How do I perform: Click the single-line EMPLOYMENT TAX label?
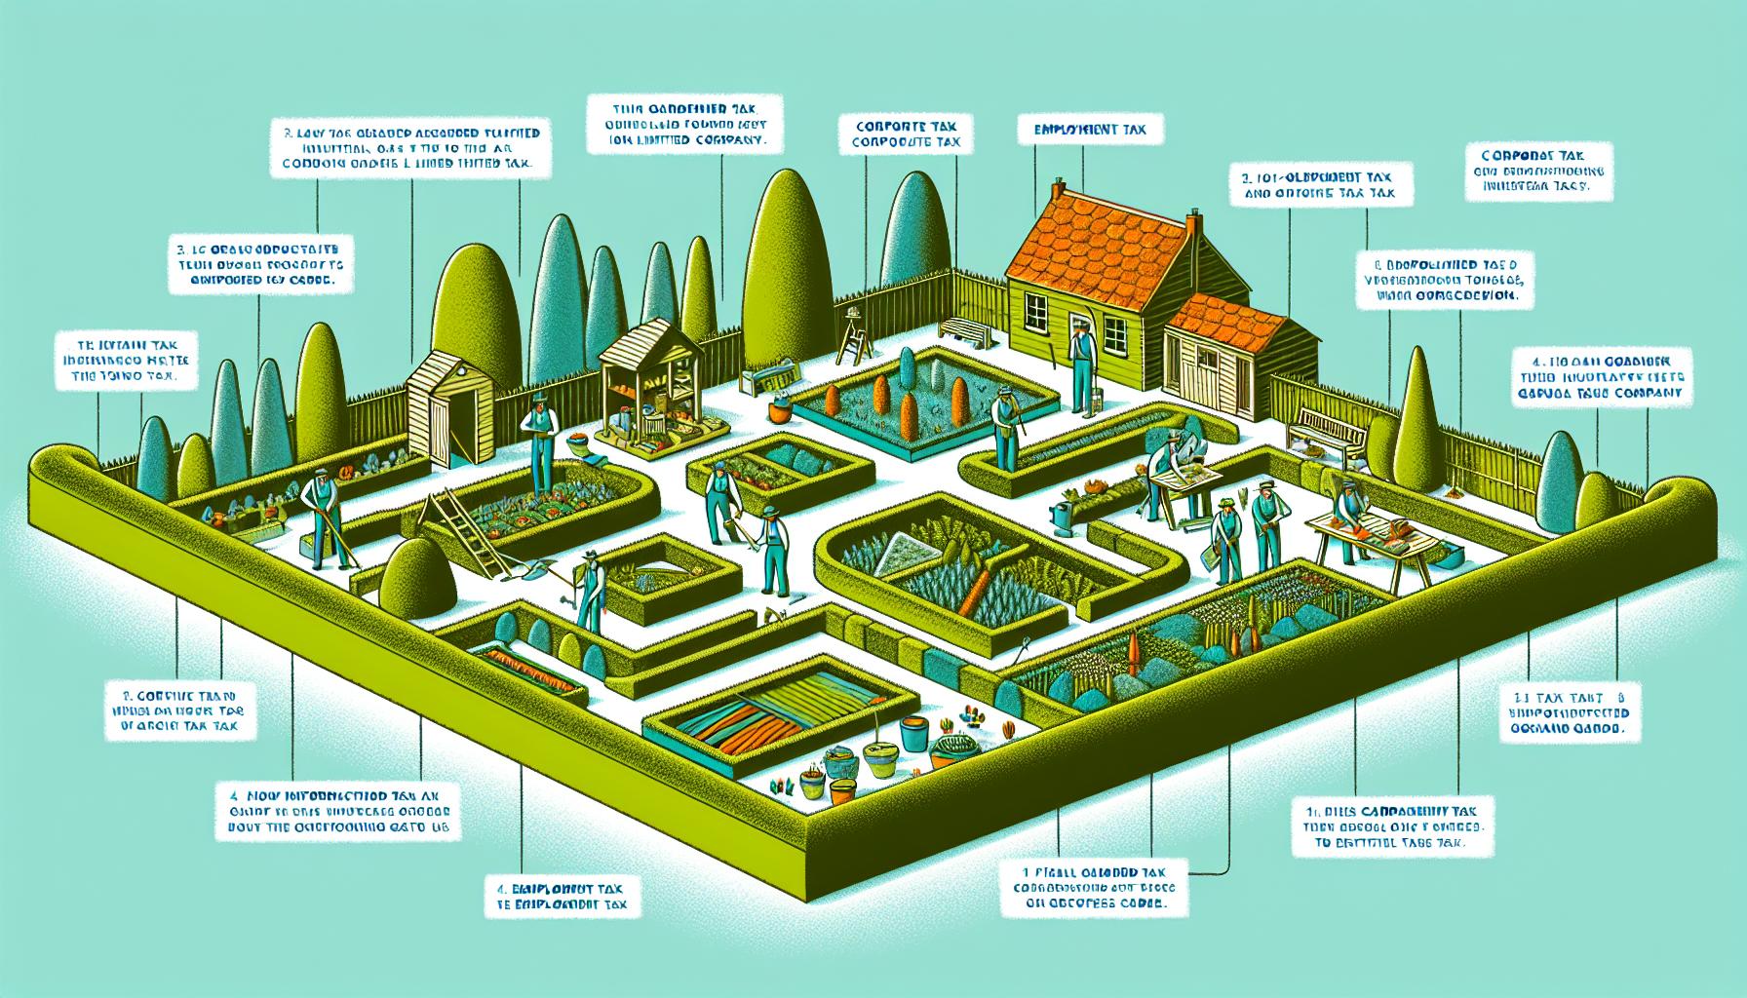pyautogui.click(x=1081, y=128)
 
